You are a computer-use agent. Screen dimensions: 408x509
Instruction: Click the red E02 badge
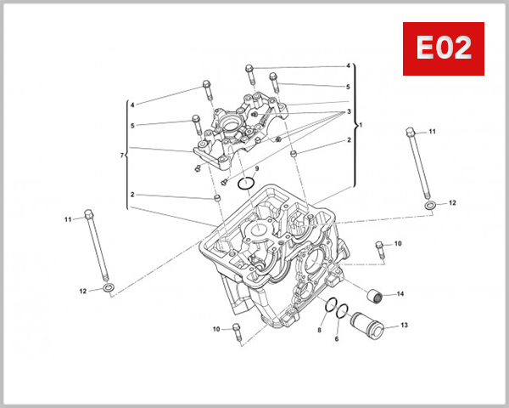click(442, 48)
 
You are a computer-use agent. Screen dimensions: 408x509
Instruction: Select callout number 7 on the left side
click(122, 156)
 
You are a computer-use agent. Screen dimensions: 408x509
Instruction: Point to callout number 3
click(348, 111)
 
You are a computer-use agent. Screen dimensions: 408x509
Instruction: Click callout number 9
click(257, 170)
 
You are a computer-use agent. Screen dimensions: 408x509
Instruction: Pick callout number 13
click(404, 326)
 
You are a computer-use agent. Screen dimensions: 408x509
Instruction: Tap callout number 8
click(319, 330)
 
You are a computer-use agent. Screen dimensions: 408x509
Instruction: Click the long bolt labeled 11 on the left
click(96, 246)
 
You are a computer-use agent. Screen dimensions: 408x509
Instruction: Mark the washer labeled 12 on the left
click(109, 291)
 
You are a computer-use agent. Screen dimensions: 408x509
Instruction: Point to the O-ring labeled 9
click(247, 184)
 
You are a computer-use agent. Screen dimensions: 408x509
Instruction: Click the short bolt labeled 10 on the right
click(379, 250)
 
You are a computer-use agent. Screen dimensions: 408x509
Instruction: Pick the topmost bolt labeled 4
click(249, 70)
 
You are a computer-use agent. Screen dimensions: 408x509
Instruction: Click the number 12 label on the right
click(452, 203)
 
